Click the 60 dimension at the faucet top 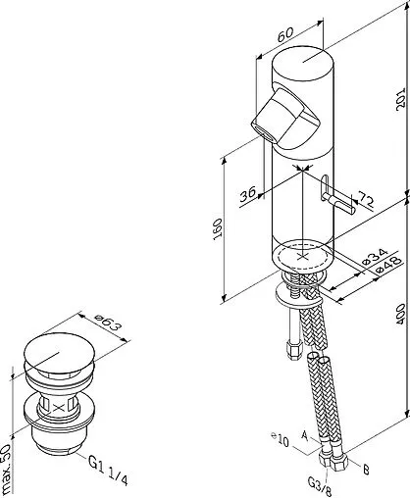pos(286,34)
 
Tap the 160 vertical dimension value pos(218,229)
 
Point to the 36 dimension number pos(248,194)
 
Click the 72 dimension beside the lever pos(365,199)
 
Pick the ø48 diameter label pos(388,265)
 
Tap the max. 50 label pos(8,470)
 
